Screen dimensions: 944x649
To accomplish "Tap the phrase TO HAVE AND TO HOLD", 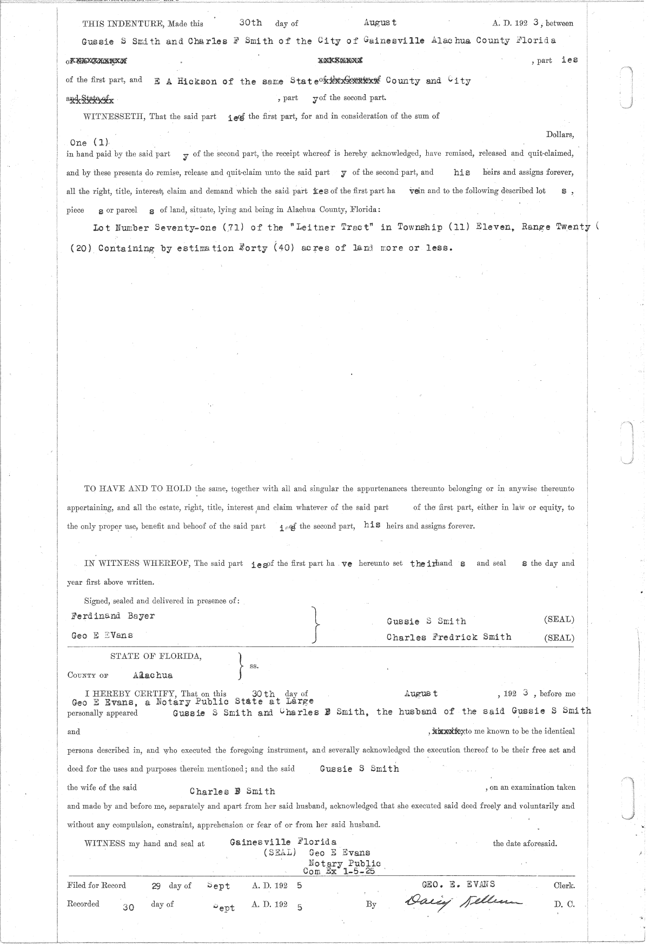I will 137,488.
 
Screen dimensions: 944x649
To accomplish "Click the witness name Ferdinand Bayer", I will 112,616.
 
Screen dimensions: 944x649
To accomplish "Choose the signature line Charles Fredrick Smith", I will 449,637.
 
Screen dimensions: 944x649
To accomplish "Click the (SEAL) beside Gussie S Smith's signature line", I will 559,620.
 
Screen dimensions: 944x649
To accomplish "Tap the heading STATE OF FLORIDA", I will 156,656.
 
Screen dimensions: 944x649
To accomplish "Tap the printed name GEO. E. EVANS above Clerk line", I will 458,884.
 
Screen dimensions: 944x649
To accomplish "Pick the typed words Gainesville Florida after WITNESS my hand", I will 283,842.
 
